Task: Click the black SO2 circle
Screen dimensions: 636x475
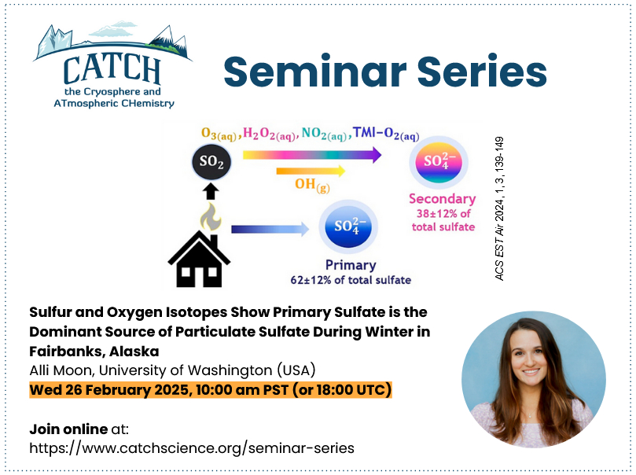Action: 211,162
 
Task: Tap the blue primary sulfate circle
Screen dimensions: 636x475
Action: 348,226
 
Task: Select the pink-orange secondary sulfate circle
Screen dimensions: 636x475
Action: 438,162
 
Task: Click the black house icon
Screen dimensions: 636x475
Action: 199,259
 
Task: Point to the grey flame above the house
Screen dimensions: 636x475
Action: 211,217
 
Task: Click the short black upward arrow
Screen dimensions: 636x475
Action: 210,191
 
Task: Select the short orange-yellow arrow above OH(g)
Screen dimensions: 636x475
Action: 311,171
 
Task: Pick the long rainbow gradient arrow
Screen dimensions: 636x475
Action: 312,155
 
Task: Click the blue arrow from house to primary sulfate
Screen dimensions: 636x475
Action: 270,229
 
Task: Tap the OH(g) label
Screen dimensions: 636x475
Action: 312,185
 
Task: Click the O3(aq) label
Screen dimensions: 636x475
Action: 219,134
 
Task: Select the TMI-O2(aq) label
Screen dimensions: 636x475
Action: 386,133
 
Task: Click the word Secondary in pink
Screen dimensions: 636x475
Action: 442,199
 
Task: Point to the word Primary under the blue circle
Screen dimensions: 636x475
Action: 351,265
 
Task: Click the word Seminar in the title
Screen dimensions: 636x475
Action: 314,72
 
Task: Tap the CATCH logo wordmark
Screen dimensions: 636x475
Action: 112,69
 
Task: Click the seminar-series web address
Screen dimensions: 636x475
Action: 192,448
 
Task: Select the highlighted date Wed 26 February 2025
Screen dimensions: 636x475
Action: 109,390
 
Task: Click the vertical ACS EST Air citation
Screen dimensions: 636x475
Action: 499,208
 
